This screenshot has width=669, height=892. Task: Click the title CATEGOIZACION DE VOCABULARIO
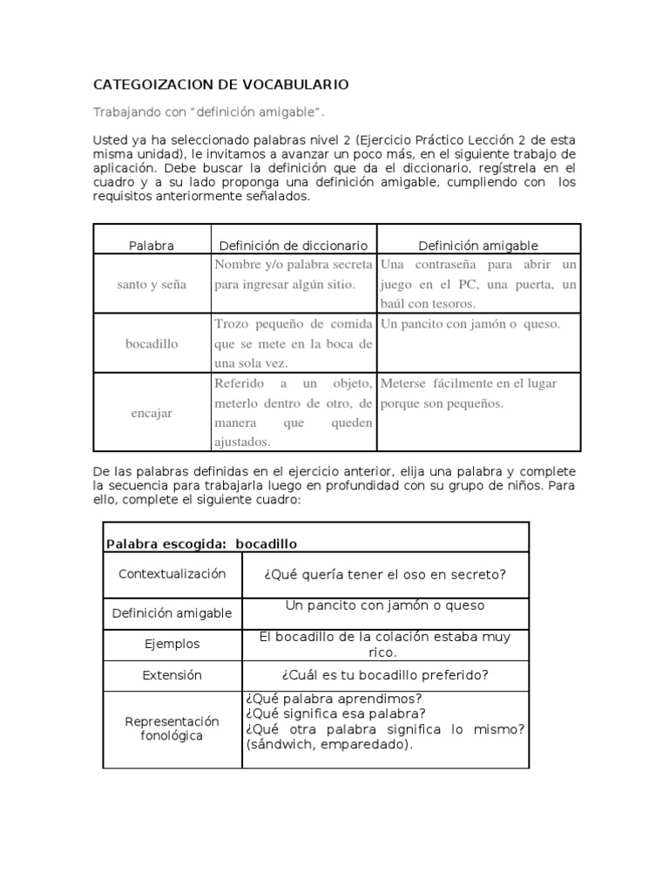[220, 84]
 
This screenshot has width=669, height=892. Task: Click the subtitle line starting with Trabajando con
[213, 112]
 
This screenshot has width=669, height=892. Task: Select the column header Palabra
[152, 246]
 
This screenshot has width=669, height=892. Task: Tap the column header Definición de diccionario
[293, 246]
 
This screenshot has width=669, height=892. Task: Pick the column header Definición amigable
[478, 246]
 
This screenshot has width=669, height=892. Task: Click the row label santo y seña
[152, 285]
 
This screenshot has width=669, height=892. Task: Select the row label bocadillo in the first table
[152, 343]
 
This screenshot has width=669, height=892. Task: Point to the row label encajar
[152, 413]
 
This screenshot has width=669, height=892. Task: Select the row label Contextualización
[172, 574]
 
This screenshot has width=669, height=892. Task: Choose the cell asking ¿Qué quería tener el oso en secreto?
[384, 574]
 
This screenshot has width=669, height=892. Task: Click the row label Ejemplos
[172, 645]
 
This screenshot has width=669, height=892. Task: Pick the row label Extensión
[172, 675]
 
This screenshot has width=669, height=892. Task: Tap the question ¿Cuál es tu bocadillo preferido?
[384, 675]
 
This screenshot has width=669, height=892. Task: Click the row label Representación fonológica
[172, 729]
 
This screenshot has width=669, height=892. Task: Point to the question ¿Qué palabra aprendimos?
[322, 699]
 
